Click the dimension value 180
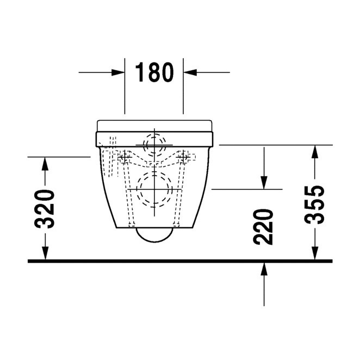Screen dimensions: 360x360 pyautogui.click(x=154, y=72)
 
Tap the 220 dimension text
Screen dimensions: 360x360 pyautogui.click(x=264, y=226)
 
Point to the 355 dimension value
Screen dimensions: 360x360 pyautogui.click(x=314, y=204)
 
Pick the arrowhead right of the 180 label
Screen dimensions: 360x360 pyautogui.click(x=190, y=72)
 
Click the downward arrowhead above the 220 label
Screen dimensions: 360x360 pyautogui.click(x=264, y=182)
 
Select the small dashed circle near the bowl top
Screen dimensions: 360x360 pyautogui.click(x=154, y=142)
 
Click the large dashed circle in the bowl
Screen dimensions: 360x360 pyautogui.click(x=154, y=189)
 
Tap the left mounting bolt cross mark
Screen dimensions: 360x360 pyautogui.click(x=124, y=158)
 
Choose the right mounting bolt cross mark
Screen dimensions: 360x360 pyautogui.click(x=185, y=158)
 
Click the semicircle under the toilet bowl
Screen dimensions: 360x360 pyautogui.click(x=154, y=234)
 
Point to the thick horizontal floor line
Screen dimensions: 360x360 pyautogui.click(x=179, y=261)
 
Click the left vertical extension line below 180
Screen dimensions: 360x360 pyautogui.click(x=125, y=92)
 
